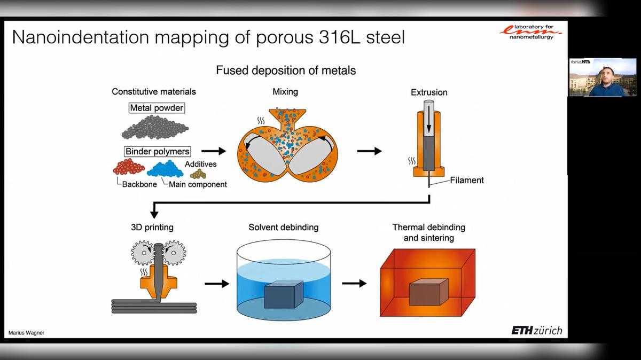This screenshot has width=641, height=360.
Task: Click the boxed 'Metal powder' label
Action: (x=157, y=108)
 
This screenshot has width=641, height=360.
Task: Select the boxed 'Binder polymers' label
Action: (x=157, y=151)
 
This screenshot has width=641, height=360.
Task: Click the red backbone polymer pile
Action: (x=128, y=168)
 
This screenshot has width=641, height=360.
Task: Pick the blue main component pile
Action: (x=168, y=168)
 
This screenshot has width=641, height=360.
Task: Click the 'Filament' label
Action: (x=466, y=180)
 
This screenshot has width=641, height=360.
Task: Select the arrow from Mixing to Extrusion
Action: (x=369, y=152)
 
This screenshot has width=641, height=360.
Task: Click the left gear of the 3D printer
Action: (x=143, y=253)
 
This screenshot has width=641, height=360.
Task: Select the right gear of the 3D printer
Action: (x=174, y=253)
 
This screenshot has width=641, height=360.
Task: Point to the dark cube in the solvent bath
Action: (x=283, y=295)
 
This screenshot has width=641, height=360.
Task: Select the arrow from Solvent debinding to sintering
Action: (x=354, y=284)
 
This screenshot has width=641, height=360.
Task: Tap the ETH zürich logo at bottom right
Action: (x=536, y=331)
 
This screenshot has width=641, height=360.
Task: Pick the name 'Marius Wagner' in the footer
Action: (x=26, y=333)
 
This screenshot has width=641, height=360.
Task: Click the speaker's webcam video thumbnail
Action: (x=603, y=77)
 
